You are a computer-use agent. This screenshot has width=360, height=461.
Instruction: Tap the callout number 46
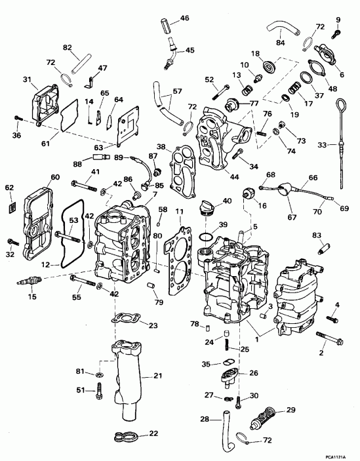(x=184, y=18)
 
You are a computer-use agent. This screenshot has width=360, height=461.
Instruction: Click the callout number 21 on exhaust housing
(x=157, y=375)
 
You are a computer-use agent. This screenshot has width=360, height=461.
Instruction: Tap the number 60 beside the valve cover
(x=55, y=177)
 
